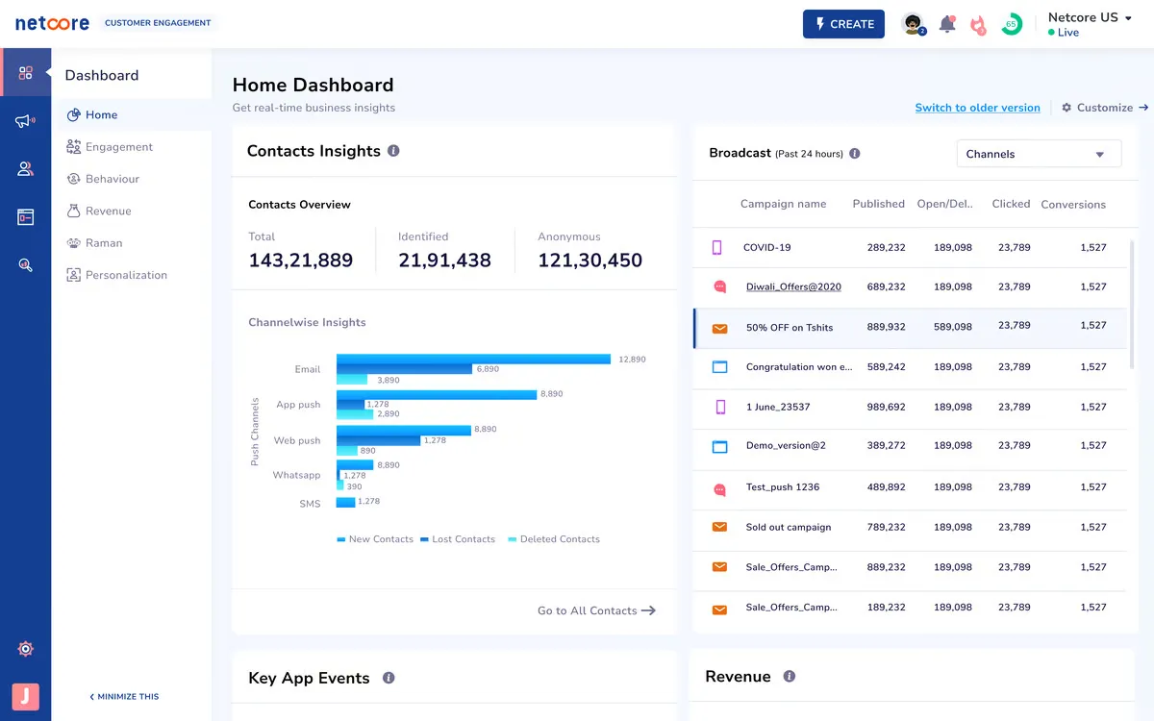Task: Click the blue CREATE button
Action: [843, 24]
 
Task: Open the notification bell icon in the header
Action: [947, 25]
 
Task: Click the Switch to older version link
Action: [977, 108]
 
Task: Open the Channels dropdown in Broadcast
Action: [1039, 154]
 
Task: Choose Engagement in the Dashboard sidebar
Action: [118, 147]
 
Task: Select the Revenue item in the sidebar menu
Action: [108, 211]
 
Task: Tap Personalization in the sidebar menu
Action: [126, 275]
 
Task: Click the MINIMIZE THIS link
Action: [124, 697]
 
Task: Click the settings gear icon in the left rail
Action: [26, 649]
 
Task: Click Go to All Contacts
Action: [596, 610]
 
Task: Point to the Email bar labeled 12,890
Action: [473, 360]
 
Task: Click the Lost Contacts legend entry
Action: [463, 539]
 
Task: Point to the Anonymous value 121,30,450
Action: [590, 261]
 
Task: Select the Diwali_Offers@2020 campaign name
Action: [793, 287]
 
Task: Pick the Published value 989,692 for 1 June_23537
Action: [885, 408]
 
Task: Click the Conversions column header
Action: [1073, 205]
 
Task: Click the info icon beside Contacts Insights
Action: [393, 151]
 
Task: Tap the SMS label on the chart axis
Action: [310, 504]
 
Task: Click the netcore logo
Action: [52, 23]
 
